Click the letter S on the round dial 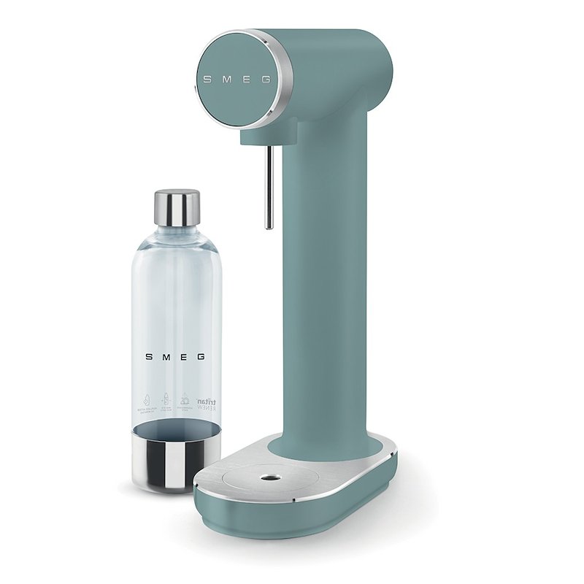207,77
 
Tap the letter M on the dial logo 227,77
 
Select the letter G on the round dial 266,77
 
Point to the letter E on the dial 247,77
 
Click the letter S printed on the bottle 149,357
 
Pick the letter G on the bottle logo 201,357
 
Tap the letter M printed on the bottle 166,357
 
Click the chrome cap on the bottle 177,208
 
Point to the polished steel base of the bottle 167,460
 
